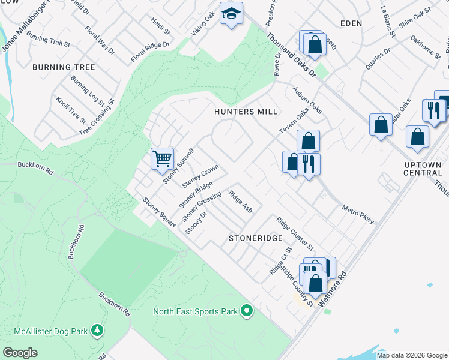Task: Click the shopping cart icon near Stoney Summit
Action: pos(162,159)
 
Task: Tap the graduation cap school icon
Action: pos(231,14)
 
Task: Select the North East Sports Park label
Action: pos(195,311)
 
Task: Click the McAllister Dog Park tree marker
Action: pos(96,330)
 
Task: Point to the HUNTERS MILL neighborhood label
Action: pos(246,112)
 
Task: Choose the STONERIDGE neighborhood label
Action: pos(255,238)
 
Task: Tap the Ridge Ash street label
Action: pos(240,202)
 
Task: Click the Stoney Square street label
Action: pos(160,212)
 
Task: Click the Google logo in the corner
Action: pos(20,353)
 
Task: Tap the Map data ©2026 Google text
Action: pos(412,355)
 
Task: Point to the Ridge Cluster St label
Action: pos(295,233)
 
